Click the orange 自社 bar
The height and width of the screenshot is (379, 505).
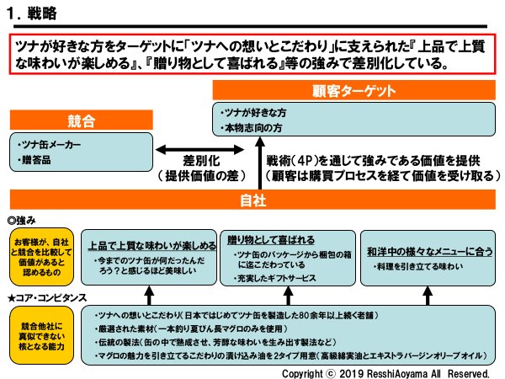(x=252, y=200)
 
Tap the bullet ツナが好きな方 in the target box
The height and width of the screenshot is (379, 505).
(x=253, y=111)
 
